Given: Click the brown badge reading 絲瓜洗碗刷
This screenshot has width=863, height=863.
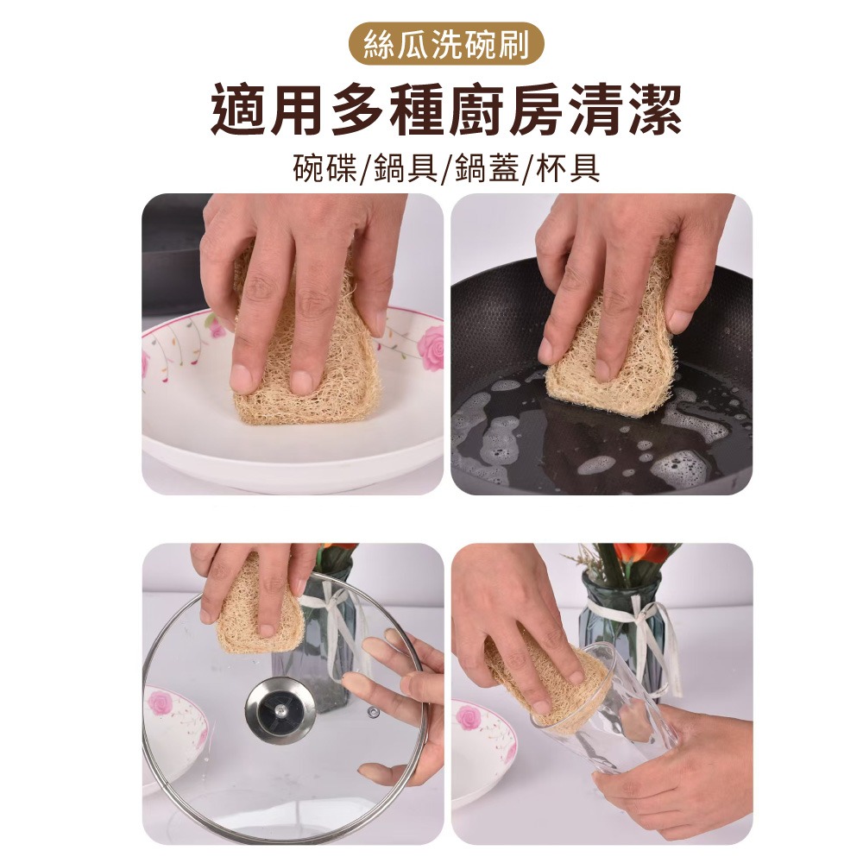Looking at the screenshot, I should [446, 45].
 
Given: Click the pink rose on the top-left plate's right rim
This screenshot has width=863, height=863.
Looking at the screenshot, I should [430, 347].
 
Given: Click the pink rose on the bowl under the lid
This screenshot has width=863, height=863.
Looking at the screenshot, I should [161, 703].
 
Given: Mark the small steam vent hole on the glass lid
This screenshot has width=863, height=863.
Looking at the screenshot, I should [373, 712].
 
